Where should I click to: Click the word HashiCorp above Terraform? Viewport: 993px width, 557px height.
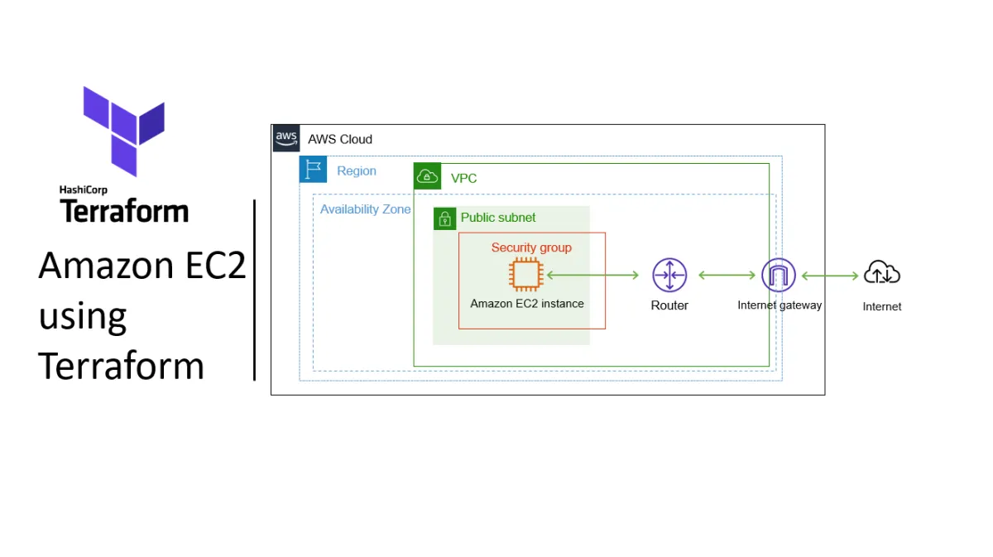tap(84, 190)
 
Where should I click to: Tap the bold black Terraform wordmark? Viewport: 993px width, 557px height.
tap(124, 212)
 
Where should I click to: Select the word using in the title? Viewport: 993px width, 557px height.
tap(83, 316)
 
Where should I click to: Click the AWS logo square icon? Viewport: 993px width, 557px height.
tap(286, 138)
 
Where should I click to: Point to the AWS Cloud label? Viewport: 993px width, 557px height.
tap(340, 139)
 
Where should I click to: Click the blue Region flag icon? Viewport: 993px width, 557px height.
tap(313, 170)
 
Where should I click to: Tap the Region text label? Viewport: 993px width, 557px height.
tap(357, 171)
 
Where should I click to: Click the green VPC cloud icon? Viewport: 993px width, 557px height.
tap(427, 176)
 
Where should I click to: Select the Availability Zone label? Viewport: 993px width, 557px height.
tap(365, 209)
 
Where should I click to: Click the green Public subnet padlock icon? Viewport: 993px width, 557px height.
tap(445, 218)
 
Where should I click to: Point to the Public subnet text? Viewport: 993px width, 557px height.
tap(498, 218)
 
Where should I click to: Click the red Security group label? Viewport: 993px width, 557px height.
tap(531, 247)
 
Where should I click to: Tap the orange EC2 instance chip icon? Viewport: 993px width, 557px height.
tap(525, 275)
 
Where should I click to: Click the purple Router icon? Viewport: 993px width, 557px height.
tap(669, 275)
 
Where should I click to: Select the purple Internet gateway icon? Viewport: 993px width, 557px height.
tap(778, 275)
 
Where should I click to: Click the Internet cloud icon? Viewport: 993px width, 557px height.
tap(882, 272)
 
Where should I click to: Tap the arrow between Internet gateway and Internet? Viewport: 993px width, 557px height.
tap(830, 275)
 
